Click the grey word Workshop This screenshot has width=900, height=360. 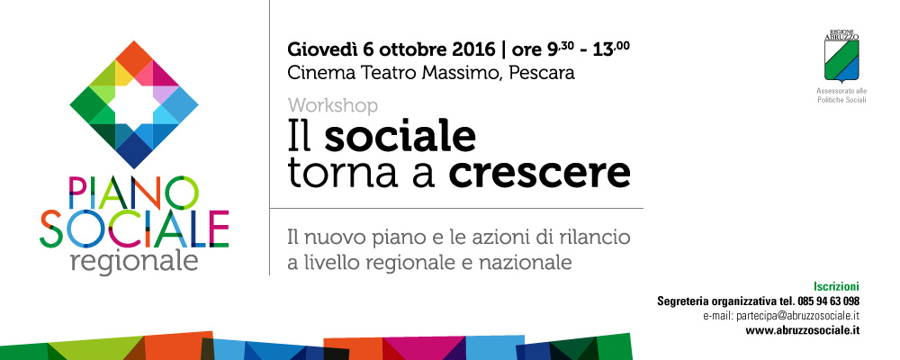pyautogui.click(x=333, y=105)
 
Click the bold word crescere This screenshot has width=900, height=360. pyautogui.click(x=539, y=173)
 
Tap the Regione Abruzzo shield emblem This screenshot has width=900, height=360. pyautogui.click(x=842, y=57)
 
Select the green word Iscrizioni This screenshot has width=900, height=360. pyautogui.click(x=836, y=286)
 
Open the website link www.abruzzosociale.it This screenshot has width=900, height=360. pyautogui.click(x=803, y=330)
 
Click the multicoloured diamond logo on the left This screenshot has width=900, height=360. pyautogui.click(x=134, y=104)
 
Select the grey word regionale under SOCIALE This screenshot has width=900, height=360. pyautogui.click(x=134, y=261)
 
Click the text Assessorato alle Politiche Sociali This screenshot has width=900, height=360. pyautogui.click(x=842, y=95)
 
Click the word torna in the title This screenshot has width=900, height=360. pyautogui.click(x=328, y=173)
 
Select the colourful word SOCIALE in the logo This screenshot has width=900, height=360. pyautogui.click(x=134, y=228)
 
